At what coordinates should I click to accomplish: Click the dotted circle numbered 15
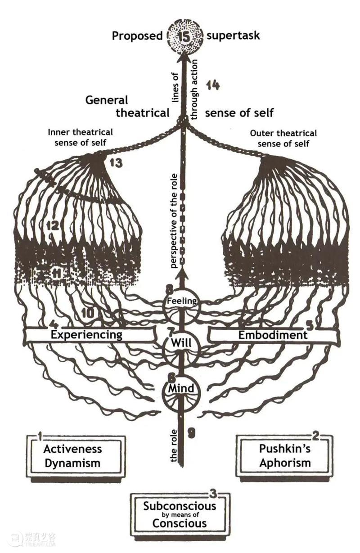pos(184,36)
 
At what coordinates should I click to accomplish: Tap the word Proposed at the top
pos(137,36)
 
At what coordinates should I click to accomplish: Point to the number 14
pos(213,85)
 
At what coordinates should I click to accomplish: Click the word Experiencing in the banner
pos(86,335)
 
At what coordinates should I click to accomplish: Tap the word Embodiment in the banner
pos(273,335)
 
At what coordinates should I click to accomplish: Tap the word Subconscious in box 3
pos(180,506)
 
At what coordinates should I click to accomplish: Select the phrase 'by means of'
pos(180,515)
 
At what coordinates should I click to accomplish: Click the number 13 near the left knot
pos(116,163)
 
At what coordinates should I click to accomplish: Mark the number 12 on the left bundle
pos(54,225)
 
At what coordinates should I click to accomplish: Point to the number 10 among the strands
pos(88,313)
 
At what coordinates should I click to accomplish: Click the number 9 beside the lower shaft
pos(192,433)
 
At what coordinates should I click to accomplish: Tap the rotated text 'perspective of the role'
pos(174,221)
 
